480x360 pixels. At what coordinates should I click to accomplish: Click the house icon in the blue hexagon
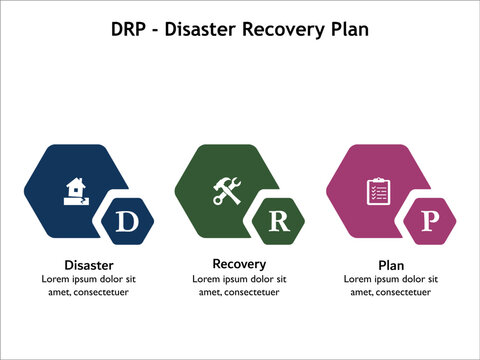75,189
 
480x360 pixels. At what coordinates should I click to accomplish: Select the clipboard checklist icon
378,189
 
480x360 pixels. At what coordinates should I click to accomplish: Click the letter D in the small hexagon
126,221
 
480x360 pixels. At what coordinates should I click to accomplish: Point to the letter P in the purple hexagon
430,221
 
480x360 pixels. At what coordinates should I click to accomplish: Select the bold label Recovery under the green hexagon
239,264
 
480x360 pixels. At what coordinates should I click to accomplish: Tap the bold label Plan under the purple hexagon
390,265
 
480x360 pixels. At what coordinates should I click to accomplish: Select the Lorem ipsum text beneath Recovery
239,285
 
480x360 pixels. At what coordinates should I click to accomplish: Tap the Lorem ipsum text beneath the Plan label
390,285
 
